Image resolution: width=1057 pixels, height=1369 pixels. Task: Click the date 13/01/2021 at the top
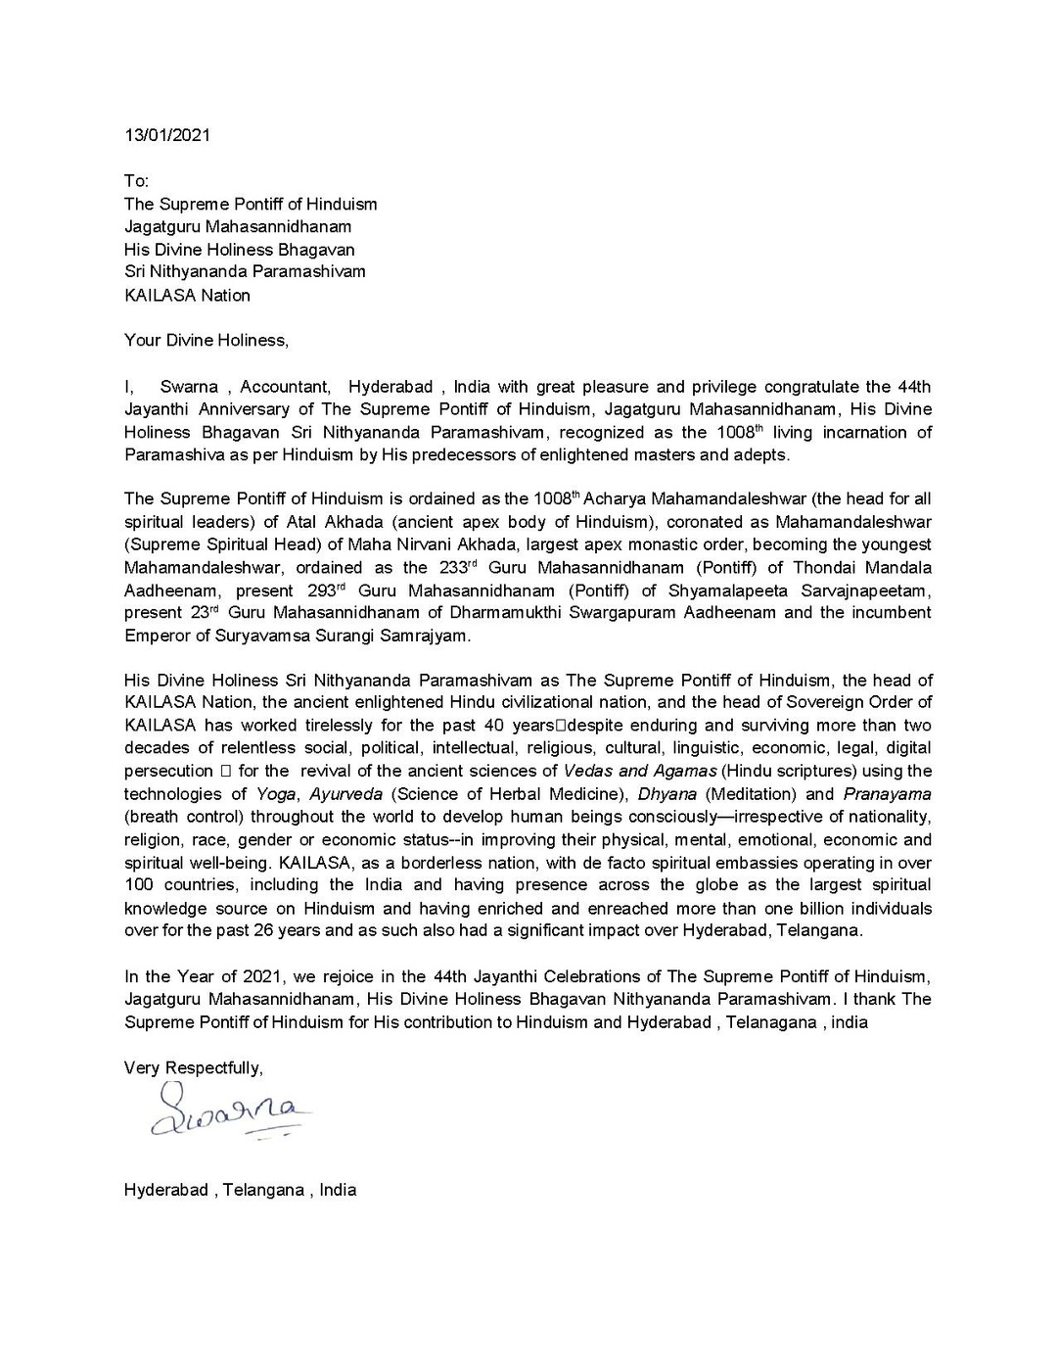point(166,135)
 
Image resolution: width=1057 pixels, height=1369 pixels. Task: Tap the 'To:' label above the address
point(136,181)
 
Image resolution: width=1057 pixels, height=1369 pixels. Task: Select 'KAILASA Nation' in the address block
point(187,295)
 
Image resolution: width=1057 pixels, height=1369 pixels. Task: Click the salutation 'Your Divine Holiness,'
point(207,340)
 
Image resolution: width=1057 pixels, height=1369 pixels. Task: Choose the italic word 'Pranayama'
point(887,793)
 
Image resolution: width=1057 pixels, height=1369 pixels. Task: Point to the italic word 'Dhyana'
point(667,793)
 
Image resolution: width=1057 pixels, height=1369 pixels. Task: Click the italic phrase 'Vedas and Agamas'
point(640,771)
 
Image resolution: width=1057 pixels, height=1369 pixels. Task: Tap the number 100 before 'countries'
point(138,884)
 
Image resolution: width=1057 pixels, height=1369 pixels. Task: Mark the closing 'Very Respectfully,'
point(193,1066)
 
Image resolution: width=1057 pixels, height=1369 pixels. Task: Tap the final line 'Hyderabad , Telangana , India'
point(240,1190)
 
